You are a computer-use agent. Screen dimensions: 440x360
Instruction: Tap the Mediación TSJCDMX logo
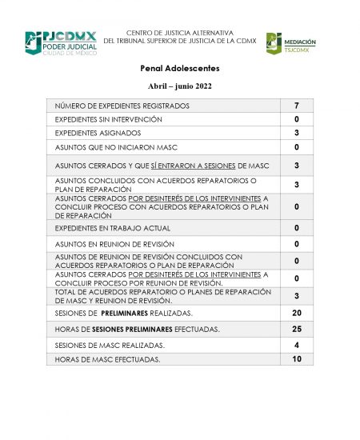click(291, 44)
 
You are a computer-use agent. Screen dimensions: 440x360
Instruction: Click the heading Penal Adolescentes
click(179, 69)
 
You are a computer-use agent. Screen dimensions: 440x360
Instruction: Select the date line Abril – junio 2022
click(179, 86)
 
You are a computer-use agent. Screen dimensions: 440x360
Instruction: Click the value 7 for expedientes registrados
click(296, 106)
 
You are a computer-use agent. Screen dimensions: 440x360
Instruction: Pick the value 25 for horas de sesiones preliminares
click(296, 329)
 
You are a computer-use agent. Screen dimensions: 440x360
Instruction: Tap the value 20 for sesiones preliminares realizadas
click(296, 313)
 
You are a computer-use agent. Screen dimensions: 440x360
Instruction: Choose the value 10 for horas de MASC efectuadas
click(296, 359)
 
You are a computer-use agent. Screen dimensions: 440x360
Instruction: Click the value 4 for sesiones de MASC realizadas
click(296, 344)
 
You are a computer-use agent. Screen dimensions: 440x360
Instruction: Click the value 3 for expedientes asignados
click(296, 133)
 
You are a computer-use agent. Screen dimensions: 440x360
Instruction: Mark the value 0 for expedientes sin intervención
click(296, 119)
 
